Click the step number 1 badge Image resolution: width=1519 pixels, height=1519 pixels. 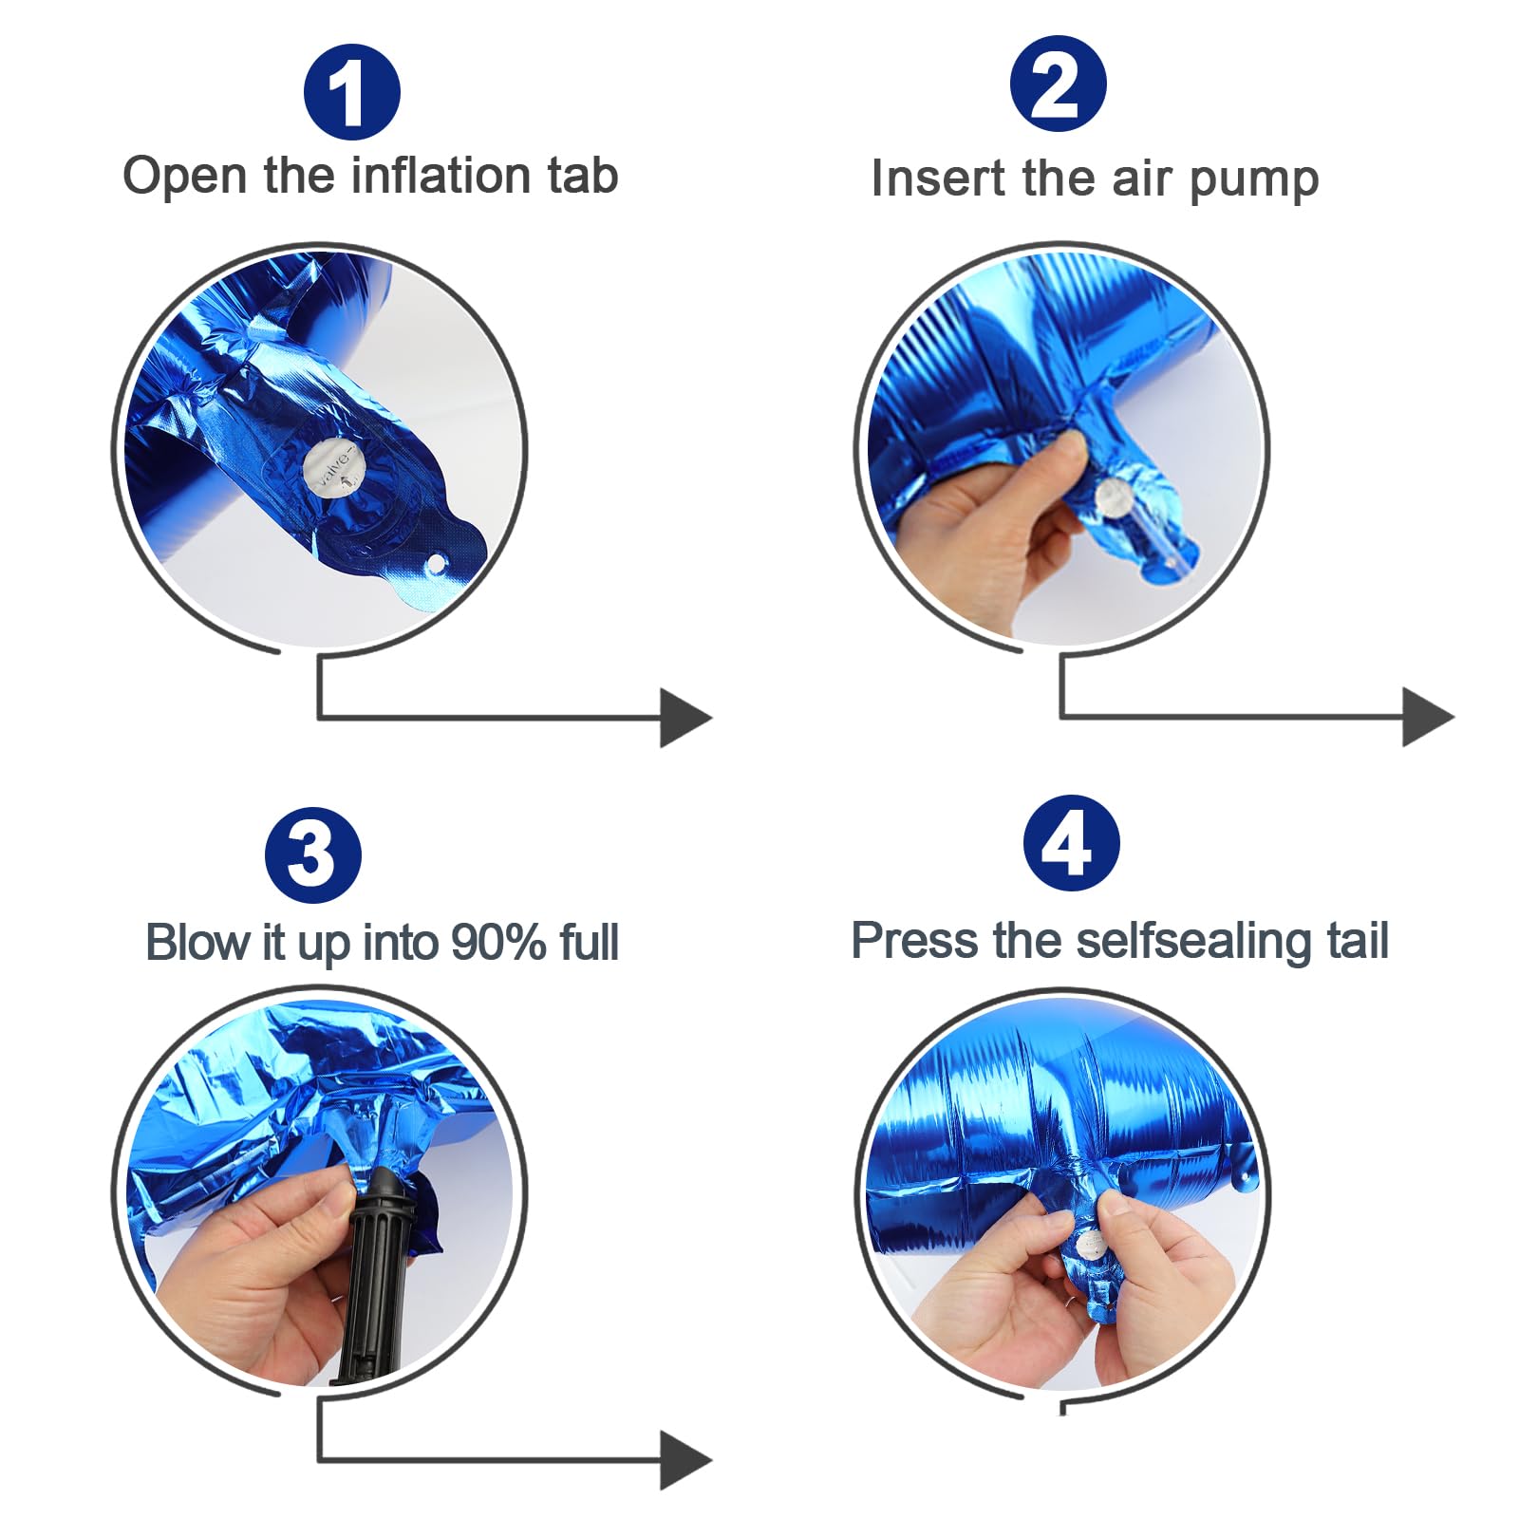pyautogui.click(x=351, y=92)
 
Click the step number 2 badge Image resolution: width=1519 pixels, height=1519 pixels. pyautogui.click(x=1058, y=84)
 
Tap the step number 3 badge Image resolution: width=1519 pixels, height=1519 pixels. pyautogui.click(x=313, y=854)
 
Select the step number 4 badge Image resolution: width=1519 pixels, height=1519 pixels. pyautogui.click(x=1071, y=843)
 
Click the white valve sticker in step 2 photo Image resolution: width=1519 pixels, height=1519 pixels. pyautogui.click(x=1114, y=497)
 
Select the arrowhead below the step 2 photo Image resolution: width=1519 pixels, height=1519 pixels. pyautogui.click(x=1428, y=718)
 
